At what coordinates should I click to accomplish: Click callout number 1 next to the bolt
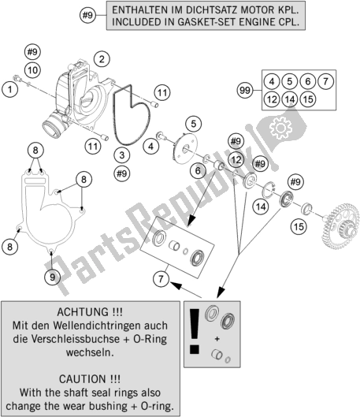[x=9, y=89]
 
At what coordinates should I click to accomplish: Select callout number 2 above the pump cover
[x=102, y=59]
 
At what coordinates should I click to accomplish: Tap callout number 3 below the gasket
[x=122, y=155]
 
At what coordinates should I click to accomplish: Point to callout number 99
[x=245, y=91]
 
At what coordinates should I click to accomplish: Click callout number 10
[x=32, y=70]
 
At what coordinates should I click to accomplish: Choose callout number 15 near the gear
[x=299, y=227]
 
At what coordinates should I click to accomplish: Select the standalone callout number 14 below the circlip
[x=261, y=207]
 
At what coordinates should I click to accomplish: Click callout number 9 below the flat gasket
[x=52, y=277]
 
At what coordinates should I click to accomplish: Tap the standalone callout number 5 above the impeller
[x=194, y=124]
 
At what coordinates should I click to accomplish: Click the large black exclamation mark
[x=195, y=331]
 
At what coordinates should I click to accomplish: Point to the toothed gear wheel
[x=341, y=226]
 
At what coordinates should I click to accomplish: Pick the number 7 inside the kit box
[x=326, y=81]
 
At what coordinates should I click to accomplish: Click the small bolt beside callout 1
[x=16, y=78]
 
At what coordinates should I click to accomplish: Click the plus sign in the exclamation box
[x=217, y=339]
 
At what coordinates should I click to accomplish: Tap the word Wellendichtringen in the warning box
[x=110, y=326]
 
